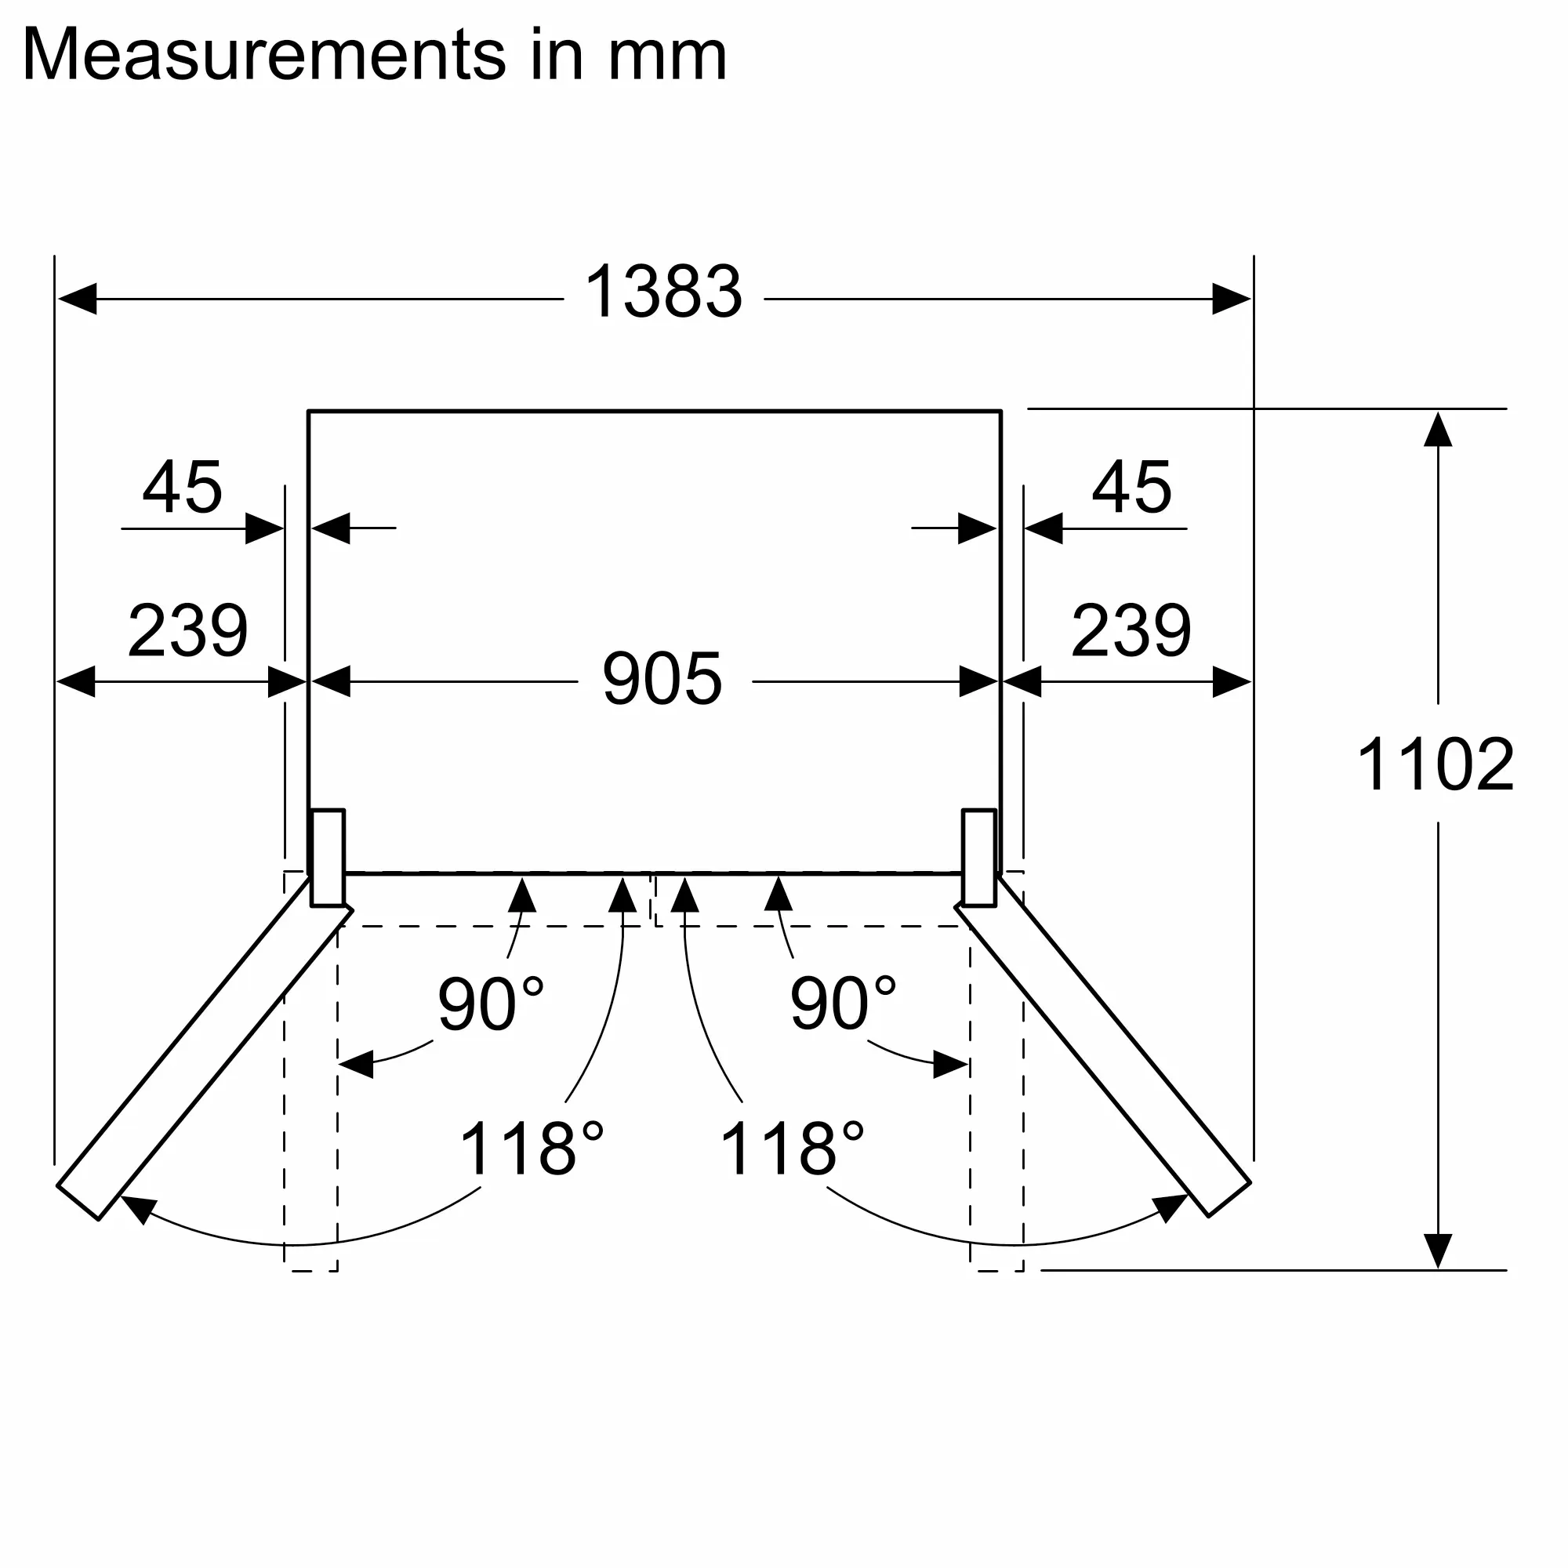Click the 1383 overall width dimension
tap(663, 292)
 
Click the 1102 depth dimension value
tap(1435, 764)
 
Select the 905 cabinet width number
tap(662, 679)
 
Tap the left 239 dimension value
tap(187, 630)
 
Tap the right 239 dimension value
tap(1131, 630)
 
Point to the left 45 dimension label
tap(182, 488)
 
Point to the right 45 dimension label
tap(1131, 488)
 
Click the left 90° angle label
tap(490, 1004)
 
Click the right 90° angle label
tap(843, 1004)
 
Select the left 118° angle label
tap(532, 1149)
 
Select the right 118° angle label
tap(792, 1149)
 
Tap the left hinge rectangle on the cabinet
tap(328, 857)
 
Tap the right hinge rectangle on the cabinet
tap(978, 857)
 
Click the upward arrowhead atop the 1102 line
tap(1437, 430)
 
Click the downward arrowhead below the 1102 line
tap(1437, 1250)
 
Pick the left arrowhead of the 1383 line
tap(77, 299)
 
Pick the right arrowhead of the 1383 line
tap(1231, 299)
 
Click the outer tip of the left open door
tap(78, 1202)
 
